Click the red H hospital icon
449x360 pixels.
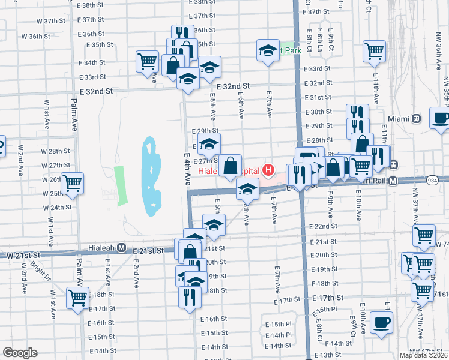tap(268, 171)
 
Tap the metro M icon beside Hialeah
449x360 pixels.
tap(121, 247)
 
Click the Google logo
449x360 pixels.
tap(20, 353)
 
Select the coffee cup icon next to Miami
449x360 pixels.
tap(440, 118)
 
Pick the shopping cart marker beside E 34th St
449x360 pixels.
tap(146, 61)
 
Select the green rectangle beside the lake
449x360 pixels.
tap(120, 184)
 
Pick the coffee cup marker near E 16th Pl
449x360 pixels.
tap(381, 323)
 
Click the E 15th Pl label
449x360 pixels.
tap(278, 324)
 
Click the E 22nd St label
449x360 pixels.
tap(324, 226)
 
